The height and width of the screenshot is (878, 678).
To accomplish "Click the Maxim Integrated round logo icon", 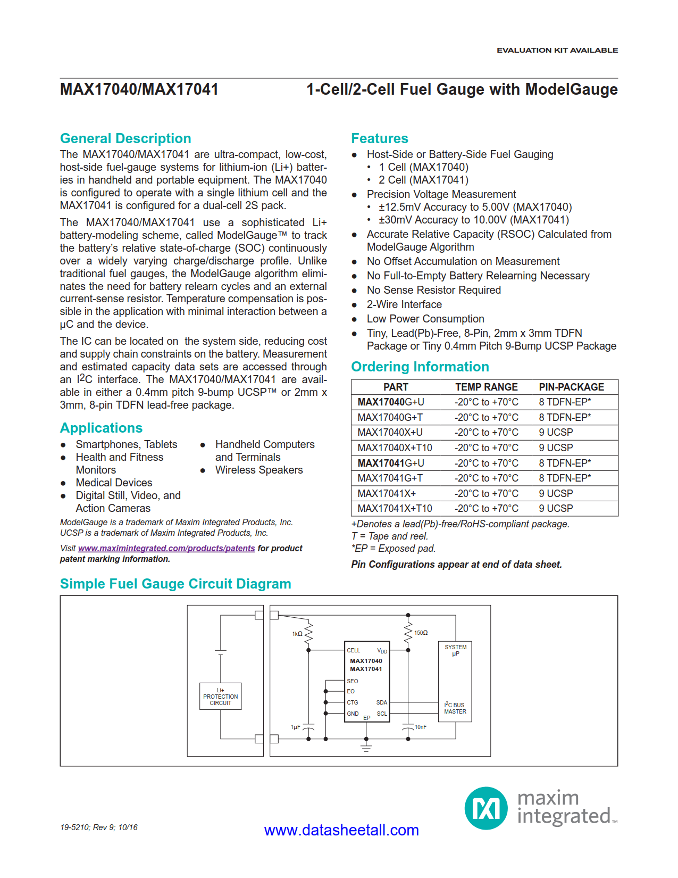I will tap(486, 808).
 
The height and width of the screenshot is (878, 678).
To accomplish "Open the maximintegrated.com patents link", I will tap(166, 548).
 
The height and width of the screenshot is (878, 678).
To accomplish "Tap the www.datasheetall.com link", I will tap(341, 830).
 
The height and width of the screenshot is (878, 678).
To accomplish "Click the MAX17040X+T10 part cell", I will tap(395, 448).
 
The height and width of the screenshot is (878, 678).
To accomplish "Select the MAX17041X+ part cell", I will tap(387, 493).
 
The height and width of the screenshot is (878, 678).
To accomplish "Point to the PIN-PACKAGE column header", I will tap(571, 387).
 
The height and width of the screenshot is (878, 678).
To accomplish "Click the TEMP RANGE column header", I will tap(486, 387).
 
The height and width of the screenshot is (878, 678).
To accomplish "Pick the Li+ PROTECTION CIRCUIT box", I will tap(220, 697).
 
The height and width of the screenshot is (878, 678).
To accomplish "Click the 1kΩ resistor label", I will tap(297, 634).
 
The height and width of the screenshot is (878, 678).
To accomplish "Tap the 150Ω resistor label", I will tap(421, 633).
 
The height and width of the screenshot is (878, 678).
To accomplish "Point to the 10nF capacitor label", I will tap(420, 727).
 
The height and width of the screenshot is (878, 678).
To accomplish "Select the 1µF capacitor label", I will tap(295, 727).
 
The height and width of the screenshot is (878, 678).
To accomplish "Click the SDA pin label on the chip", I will tap(381, 702).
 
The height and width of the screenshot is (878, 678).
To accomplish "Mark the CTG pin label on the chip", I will tap(353, 702).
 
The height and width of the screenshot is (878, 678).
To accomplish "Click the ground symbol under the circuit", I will tap(366, 748).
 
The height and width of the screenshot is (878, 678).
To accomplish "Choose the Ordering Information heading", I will tap(420, 367).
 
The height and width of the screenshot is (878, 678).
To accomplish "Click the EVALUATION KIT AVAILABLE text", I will tap(557, 50).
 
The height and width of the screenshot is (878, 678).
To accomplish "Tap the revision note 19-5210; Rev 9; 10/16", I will tap(98, 827).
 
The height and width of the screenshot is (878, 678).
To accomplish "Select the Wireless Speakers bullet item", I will tap(258, 470).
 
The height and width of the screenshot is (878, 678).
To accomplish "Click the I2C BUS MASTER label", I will tap(455, 708).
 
